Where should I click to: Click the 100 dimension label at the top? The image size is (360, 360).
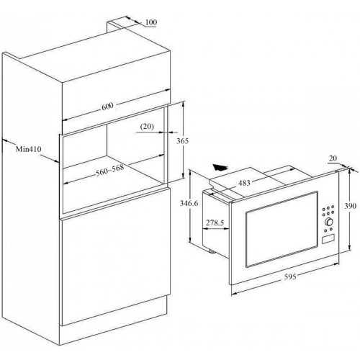point(151,22)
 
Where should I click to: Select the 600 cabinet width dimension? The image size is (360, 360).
point(107,107)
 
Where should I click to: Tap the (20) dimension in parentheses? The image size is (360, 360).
point(147,127)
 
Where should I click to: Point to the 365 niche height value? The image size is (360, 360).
point(183,141)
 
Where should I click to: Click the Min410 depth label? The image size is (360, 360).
point(29,149)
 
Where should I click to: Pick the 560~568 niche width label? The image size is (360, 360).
point(110,170)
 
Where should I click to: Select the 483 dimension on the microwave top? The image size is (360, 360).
point(244,183)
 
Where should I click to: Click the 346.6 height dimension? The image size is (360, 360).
point(189,203)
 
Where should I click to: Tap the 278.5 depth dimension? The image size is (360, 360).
point(215,222)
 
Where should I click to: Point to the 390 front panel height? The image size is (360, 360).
point(351,206)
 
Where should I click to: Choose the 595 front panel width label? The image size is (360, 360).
point(290,276)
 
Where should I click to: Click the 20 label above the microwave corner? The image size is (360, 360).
point(333,158)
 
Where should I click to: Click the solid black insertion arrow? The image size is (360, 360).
point(220,167)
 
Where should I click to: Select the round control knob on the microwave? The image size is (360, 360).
point(328,222)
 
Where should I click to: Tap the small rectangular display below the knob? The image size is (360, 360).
point(328,239)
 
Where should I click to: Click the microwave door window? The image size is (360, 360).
point(282,229)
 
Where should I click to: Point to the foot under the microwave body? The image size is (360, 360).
point(212,251)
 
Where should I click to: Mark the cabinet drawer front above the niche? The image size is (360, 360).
point(116,105)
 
